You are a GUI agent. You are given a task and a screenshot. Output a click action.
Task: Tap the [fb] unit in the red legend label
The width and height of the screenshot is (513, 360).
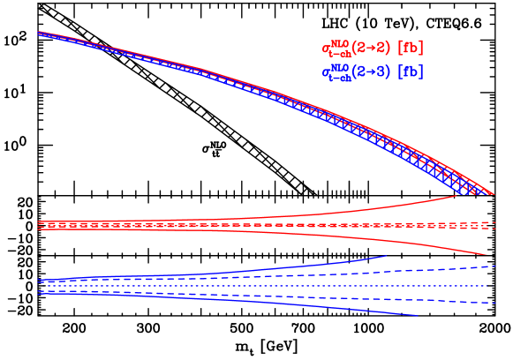411,48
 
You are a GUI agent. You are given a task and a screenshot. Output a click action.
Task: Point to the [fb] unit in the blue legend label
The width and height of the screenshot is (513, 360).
411,71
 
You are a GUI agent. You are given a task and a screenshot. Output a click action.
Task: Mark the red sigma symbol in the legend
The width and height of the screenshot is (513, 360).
326,48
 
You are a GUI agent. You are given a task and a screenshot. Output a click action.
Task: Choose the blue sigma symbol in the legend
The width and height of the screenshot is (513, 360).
326,72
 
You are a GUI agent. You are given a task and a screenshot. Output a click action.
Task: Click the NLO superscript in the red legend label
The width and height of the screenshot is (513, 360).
340,41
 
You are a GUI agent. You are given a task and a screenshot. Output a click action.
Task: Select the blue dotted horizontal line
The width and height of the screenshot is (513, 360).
265,286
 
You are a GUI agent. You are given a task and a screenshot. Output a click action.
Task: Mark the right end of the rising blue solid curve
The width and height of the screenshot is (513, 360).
385,256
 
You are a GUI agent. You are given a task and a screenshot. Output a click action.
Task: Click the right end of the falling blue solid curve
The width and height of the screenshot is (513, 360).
417,315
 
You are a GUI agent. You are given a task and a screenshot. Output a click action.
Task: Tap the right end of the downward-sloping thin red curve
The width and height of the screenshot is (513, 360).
486,255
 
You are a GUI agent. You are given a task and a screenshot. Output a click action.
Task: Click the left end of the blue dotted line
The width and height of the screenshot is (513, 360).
48,286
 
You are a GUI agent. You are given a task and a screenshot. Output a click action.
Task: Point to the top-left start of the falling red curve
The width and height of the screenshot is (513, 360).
40,33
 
